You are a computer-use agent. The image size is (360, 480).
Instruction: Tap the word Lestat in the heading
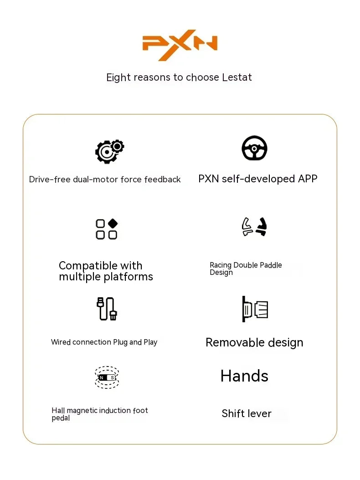click(237, 77)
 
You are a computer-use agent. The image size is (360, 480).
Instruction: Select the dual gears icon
click(109, 151)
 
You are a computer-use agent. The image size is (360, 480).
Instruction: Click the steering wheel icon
click(254, 148)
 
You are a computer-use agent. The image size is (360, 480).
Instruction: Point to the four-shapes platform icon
click(107, 229)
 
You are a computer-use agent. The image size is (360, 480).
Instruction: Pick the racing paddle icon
click(254, 227)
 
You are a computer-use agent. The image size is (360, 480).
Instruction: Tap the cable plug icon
click(107, 309)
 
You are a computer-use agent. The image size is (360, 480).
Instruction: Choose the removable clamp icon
click(255, 309)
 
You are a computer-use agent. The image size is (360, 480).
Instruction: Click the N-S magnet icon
click(107, 377)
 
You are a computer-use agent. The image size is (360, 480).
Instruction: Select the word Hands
click(244, 376)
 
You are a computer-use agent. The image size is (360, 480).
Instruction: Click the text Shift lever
click(247, 413)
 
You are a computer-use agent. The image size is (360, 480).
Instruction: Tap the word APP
click(307, 179)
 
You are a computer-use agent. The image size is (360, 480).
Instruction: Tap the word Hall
click(58, 411)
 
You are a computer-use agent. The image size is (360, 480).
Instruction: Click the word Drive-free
click(50, 180)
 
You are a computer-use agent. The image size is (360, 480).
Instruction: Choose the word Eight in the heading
click(118, 77)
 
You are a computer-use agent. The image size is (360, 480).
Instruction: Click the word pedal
click(61, 418)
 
